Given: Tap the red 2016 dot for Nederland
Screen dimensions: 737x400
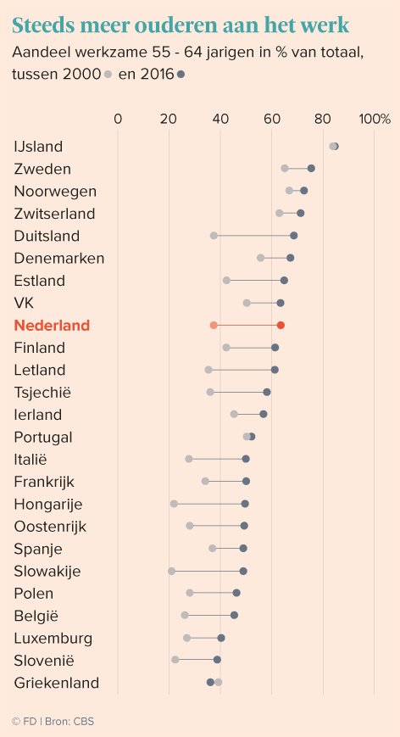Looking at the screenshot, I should pyautogui.click(x=281, y=325).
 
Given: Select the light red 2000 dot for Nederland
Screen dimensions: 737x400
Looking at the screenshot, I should pyautogui.click(x=214, y=325).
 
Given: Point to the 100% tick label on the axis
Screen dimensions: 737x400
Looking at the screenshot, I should pyautogui.click(x=375, y=119).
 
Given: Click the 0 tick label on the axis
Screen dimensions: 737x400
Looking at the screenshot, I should pyautogui.click(x=118, y=119).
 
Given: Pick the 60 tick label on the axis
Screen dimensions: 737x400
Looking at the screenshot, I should pyautogui.click(x=272, y=119).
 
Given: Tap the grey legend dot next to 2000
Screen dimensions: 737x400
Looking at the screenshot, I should pyautogui.click(x=108, y=75).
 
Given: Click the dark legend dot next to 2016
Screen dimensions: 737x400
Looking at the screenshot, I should pyautogui.click(x=180, y=75).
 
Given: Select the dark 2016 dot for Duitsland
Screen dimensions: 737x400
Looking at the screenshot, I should pyautogui.click(x=294, y=235).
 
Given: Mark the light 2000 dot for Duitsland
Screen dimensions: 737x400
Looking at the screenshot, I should pyautogui.click(x=214, y=235).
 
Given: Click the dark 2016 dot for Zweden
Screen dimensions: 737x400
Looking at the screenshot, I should pyautogui.click(x=311, y=169).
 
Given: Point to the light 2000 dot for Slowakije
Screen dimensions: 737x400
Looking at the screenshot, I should pyautogui.click(x=172, y=571).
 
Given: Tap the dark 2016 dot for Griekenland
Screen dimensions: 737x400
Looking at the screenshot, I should pyautogui.click(x=210, y=682).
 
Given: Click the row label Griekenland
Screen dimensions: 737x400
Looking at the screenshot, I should pyautogui.click(x=57, y=683).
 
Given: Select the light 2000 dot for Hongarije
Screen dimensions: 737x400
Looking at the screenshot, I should pyautogui.click(x=174, y=504).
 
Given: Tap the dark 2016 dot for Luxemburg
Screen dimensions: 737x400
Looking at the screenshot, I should pyautogui.click(x=221, y=638).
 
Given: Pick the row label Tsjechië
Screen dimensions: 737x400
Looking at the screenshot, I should pyautogui.click(x=43, y=392).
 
